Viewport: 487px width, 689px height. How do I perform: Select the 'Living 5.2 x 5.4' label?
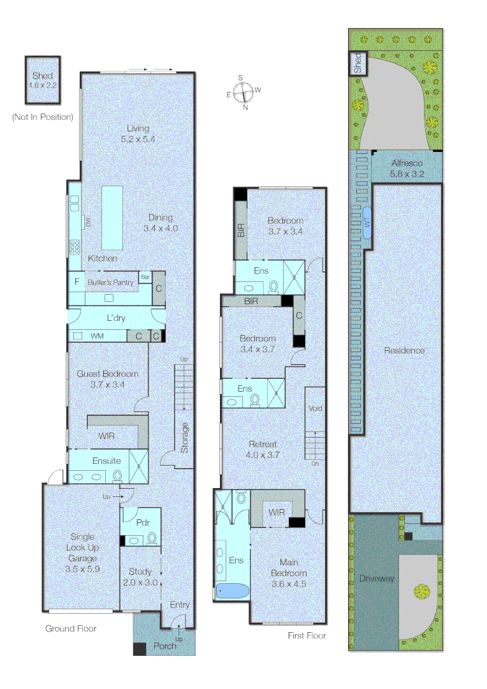point(138,133)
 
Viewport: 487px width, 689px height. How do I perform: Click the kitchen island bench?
point(112,218)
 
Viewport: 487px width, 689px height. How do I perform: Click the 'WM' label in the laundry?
point(98,336)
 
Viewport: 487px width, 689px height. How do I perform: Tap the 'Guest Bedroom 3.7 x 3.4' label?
point(108,379)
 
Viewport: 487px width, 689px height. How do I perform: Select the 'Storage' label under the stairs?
point(184,438)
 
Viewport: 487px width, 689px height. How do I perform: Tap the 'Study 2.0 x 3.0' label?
point(140,577)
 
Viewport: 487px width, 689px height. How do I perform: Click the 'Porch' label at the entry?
point(165,646)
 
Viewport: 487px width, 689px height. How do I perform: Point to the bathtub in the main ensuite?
point(232,591)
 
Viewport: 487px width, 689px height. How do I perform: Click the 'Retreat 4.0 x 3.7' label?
point(263,449)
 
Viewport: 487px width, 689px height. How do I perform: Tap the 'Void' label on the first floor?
point(315,408)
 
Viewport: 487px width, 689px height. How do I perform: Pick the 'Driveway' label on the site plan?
point(376,579)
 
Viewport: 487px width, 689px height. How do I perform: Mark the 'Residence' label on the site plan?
point(404,350)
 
